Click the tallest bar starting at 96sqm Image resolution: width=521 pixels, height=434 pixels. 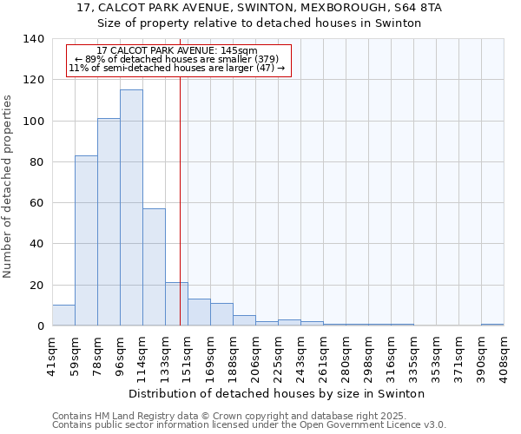[131, 208]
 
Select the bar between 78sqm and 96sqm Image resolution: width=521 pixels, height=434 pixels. [109, 222]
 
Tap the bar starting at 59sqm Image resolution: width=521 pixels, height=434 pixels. [86, 240]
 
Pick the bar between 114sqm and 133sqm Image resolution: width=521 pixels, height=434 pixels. [154, 267]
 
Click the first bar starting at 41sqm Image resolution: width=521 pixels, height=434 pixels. [63, 316]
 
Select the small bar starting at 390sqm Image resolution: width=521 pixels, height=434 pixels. [492, 325]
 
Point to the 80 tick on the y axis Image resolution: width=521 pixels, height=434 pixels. [36, 162]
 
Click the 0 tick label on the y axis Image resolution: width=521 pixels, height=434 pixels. [39, 326]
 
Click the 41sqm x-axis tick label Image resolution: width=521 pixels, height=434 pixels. [52, 356]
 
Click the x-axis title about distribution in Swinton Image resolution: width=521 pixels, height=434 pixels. [282, 394]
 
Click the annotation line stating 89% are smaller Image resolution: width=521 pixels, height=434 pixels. [176, 59]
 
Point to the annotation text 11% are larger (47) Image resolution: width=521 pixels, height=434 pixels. [176, 68]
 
